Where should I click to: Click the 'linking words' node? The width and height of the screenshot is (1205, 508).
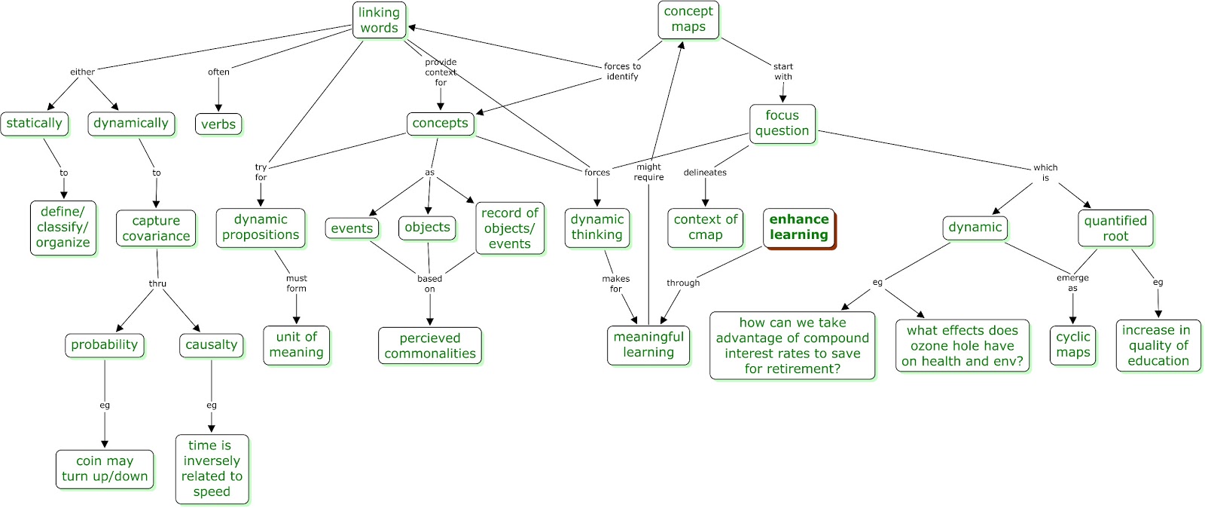(x=379, y=20)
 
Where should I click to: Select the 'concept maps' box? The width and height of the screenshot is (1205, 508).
(x=688, y=20)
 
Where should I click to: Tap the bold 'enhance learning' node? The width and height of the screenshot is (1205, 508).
(x=798, y=228)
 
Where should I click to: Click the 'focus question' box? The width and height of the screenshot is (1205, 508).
(x=782, y=124)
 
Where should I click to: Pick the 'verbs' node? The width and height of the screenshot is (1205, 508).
(x=218, y=124)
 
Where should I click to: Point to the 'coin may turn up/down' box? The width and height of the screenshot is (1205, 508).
(x=105, y=469)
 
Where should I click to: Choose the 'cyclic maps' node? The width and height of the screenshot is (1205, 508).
(x=1072, y=345)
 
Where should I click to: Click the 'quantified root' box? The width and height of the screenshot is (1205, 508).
(x=1115, y=228)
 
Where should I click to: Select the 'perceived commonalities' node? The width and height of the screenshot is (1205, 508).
(x=429, y=346)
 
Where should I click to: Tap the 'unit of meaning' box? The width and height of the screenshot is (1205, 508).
(x=296, y=345)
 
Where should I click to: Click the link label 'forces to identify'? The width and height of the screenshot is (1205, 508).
(x=622, y=72)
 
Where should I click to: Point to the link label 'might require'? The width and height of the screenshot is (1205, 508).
(x=648, y=172)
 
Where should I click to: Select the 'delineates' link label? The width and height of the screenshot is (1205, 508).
(x=705, y=173)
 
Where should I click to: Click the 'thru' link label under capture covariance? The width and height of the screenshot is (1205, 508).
(x=157, y=283)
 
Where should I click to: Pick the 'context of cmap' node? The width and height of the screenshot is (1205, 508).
(x=705, y=228)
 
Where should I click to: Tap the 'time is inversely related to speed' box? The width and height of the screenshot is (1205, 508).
(x=212, y=469)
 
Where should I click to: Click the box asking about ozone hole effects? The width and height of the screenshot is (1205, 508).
(x=962, y=346)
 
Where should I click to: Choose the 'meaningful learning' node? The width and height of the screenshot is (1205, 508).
(x=648, y=345)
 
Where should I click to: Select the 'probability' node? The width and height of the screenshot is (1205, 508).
(x=104, y=345)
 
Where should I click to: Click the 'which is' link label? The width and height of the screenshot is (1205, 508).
(x=1045, y=173)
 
